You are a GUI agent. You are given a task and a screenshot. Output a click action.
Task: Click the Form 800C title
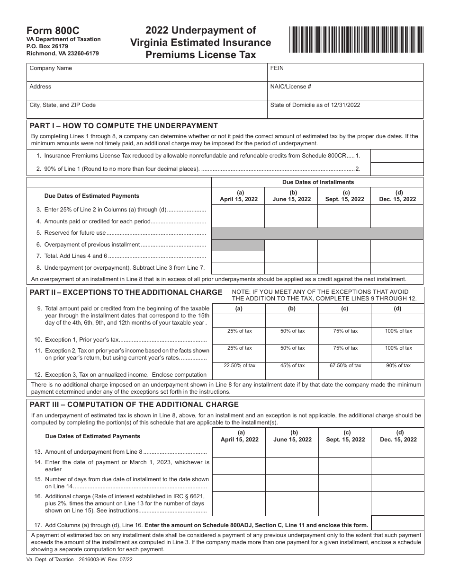pyautogui.click(x=49, y=31)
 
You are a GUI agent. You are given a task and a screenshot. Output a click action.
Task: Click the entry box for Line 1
pyautogui.click(x=396, y=156)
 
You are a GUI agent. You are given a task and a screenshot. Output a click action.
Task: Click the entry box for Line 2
pyautogui.click(x=396, y=169)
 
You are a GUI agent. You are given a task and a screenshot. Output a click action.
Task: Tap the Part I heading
pyautogui.click(x=124, y=126)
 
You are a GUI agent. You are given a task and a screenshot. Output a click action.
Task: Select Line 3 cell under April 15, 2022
pyautogui.click(x=238, y=210)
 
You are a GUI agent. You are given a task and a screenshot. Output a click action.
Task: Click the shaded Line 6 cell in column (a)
pyautogui.click(x=238, y=245)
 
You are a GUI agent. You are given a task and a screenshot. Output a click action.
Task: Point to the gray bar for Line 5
pyautogui.click(x=317, y=233)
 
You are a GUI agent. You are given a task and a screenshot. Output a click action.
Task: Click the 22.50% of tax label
pyautogui.click(x=239, y=365)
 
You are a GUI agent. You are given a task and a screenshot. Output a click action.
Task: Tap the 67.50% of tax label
pyautogui.click(x=345, y=365)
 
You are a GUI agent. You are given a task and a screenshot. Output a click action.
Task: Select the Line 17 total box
pyautogui.click(x=397, y=523)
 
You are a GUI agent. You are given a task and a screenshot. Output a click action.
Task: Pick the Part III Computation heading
pyautogui.click(x=134, y=405)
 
